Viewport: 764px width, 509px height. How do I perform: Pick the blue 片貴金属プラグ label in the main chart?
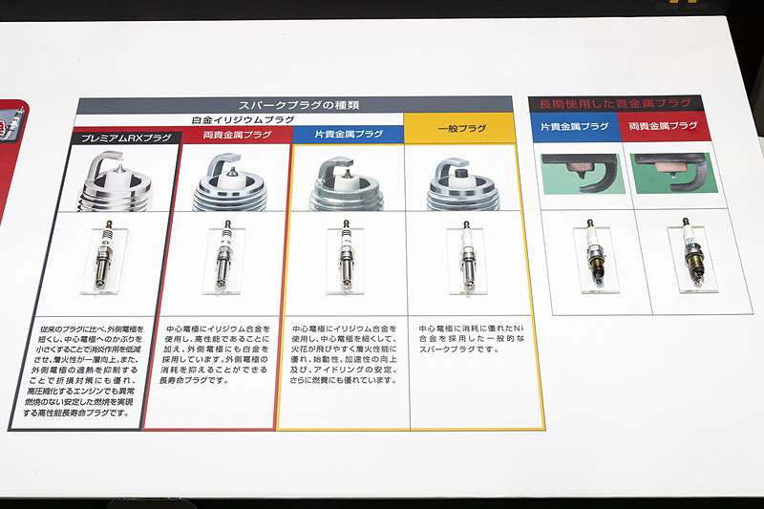click(348, 135)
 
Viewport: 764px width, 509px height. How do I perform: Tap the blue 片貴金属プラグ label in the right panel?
click(575, 127)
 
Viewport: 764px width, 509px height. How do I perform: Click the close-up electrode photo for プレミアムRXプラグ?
click(117, 181)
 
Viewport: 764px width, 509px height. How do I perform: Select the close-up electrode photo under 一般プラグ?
click(462, 181)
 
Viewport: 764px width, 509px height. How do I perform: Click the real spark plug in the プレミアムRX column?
click(107, 259)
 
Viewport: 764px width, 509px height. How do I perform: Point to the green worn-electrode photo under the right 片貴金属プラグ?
click(583, 173)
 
